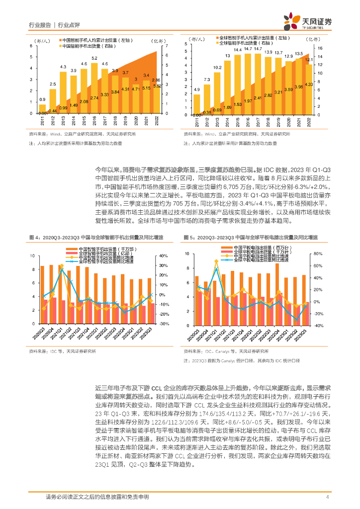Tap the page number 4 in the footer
point(327,497)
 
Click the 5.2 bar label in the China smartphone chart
point(94,59)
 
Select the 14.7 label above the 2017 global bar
point(257,49)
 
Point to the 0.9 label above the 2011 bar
point(42,100)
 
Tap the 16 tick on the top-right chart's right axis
point(320,48)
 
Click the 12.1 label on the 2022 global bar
point(309,60)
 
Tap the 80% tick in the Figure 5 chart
point(316,254)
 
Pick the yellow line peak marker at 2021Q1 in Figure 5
point(216,261)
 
